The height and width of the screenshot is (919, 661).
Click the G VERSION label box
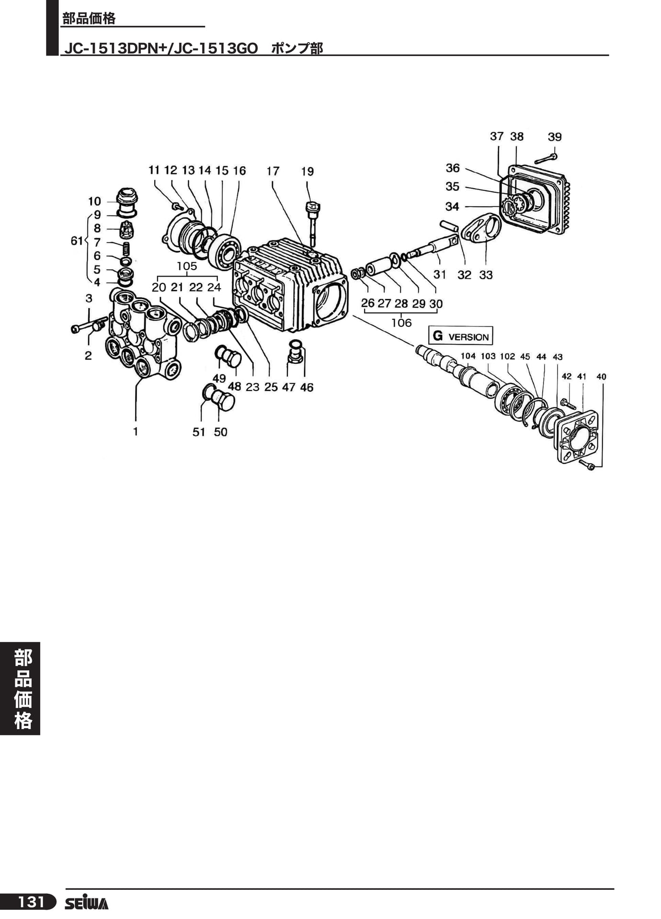(460, 336)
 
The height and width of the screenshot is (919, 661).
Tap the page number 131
(31, 902)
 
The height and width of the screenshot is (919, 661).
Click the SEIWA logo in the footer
(87, 903)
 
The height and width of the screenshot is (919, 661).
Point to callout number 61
(77, 241)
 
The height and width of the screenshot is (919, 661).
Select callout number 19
(308, 171)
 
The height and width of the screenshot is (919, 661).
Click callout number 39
(555, 137)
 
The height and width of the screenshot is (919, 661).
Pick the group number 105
(187, 266)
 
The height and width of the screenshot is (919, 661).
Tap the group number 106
(401, 323)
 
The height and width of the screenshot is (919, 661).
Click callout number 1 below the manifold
(136, 431)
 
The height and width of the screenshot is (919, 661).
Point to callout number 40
(601, 377)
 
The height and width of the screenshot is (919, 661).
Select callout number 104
(468, 356)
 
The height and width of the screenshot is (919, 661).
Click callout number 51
(199, 432)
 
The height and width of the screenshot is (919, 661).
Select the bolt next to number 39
(546, 158)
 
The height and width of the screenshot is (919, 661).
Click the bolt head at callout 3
(75, 329)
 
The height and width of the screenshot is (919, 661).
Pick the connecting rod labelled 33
(481, 229)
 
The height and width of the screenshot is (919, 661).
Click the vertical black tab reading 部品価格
(20, 688)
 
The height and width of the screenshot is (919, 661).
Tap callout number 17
(273, 171)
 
